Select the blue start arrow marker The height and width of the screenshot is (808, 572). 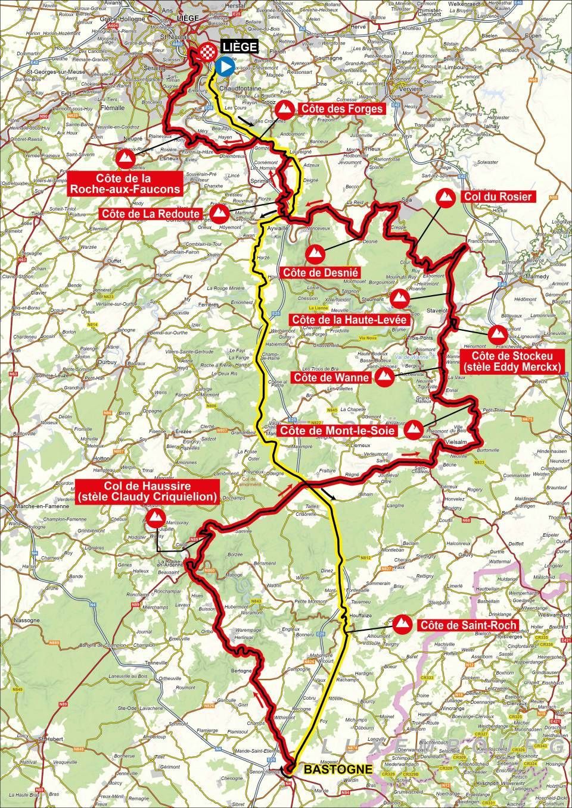(x=225, y=67)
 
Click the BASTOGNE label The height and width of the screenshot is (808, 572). (x=338, y=769)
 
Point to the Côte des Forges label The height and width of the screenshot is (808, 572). (x=340, y=109)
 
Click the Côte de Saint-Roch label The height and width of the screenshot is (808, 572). (x=467, y=625)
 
